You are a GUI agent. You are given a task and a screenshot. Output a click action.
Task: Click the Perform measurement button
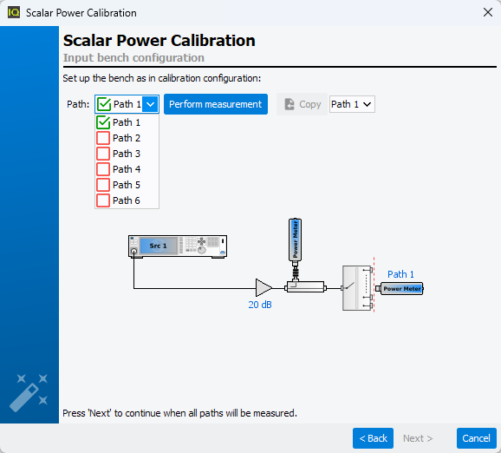tap(216, 104)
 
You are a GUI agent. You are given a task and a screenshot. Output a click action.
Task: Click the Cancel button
tap(476, 438)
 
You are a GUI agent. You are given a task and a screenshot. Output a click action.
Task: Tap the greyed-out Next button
tap(418, 438)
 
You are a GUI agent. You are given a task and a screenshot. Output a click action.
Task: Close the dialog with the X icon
tap(488, 12)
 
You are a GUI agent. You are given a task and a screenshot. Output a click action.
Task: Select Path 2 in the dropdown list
tap(127, 138)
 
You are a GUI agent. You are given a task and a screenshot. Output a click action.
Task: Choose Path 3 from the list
tap(127, 154)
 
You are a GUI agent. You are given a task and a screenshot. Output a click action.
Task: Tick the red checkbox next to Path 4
tap(103, 169)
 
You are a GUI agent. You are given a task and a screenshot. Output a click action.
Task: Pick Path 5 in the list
tap(127, 185)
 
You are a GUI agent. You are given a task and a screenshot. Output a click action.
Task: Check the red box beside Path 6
tap(103, 200)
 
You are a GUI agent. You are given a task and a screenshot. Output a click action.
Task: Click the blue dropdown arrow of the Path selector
tap(150, 104)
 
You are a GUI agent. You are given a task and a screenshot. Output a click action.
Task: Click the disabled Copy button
tap(302, 104)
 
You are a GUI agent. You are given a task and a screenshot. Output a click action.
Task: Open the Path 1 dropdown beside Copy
tap(352, 104)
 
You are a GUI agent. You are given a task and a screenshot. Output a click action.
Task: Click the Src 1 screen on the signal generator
tap(158, 246)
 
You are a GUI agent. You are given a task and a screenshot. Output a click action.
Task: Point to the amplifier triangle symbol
tap(264, 287)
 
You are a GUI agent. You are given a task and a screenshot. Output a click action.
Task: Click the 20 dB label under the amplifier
tap(260, 305)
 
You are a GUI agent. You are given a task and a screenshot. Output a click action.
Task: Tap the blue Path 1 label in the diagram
tap(400, 274)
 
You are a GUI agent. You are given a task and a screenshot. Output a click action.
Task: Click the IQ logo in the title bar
tap(14, 12)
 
